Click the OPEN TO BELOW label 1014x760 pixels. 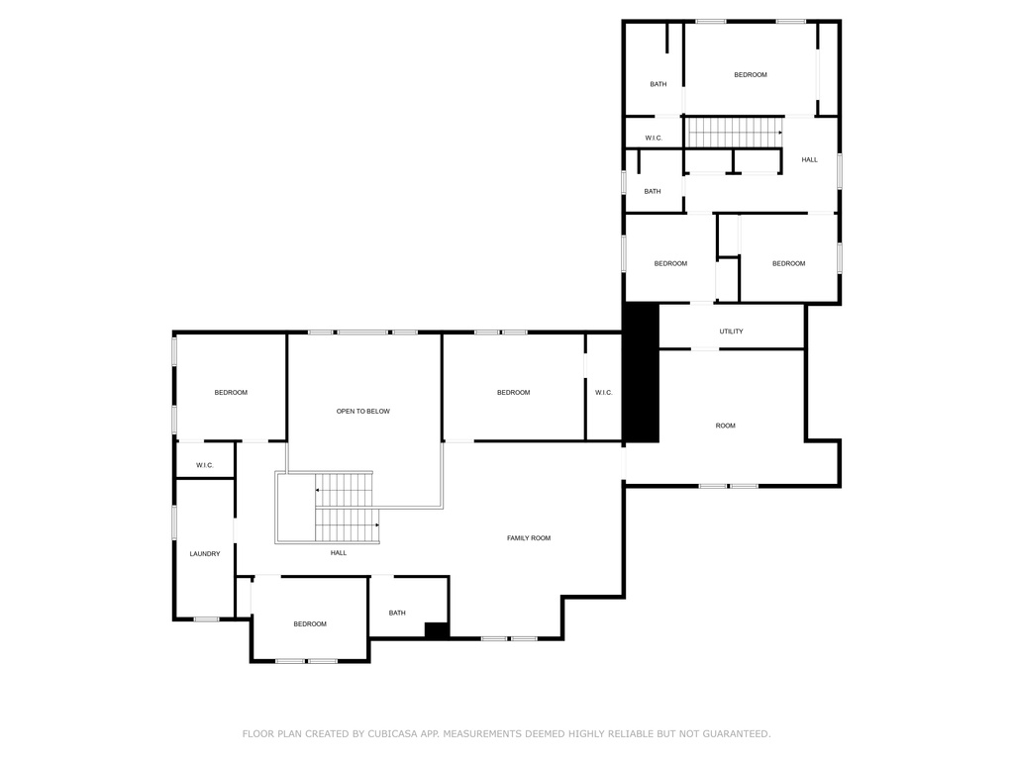point(362,411)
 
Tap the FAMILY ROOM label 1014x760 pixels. point(529,537)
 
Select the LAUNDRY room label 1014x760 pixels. point(204,554)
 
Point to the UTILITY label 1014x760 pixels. point(731,332)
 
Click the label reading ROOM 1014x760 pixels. point(725,426)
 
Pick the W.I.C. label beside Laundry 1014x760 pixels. point(204,465)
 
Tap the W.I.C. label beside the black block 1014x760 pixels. point(603,393)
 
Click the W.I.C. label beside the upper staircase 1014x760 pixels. point(654,139)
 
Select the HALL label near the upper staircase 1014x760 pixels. point(809,159)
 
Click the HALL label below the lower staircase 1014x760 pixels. point(339,552)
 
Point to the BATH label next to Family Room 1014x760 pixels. point(397,613)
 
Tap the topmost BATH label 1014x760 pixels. point(658,84)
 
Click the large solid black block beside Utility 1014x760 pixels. point(641,373)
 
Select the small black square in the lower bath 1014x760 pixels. point(437,630)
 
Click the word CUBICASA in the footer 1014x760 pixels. point(392,733)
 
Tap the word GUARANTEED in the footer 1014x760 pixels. point(737,733)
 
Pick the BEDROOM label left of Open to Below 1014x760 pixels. point(231,393)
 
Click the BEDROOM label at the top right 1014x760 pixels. point(751,75)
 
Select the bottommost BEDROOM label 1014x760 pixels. point(310,624)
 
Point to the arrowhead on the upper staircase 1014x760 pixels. point(780,133)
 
